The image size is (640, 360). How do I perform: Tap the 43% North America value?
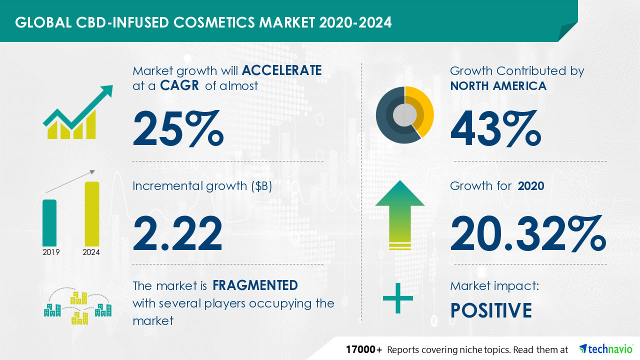[496, 128]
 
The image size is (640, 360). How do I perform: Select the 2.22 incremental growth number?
[177, 233]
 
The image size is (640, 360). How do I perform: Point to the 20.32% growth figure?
[528, 233]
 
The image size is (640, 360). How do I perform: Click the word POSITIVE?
[491, 310]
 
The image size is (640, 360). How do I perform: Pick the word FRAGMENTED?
[255, 285]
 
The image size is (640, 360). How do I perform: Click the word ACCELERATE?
[281, 70]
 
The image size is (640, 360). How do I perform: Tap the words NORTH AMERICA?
[498, 85]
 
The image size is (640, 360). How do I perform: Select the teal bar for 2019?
[49, 223]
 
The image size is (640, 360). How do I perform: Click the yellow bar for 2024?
[92, 214]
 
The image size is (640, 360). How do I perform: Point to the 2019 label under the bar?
[51, 252]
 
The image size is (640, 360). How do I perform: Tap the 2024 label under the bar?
[91, 252]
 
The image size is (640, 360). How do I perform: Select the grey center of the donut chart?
[404, 115]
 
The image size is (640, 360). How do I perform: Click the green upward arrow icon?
[400, 214]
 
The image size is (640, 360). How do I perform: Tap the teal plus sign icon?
[397, 298]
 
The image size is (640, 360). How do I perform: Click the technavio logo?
[606, 349]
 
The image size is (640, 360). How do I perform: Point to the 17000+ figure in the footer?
[363, 349]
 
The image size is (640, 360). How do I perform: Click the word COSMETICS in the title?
[213, 22]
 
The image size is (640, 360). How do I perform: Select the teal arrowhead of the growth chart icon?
[106, 91]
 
